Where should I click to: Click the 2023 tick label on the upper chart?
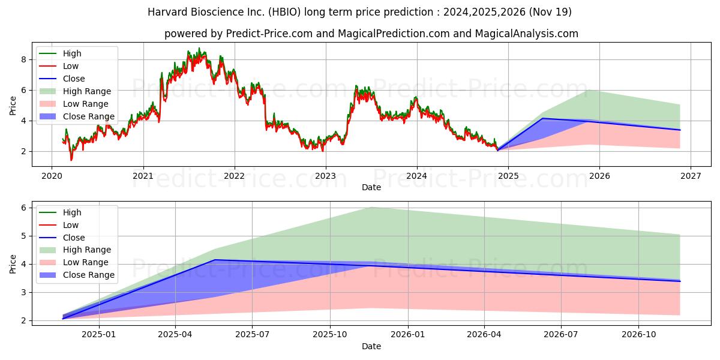[326, 176]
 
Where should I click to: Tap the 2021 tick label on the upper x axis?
[143, 176]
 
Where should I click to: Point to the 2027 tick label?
[691, 176]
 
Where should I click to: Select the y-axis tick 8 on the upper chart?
[24, 59]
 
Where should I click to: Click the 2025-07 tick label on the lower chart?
[252, 335]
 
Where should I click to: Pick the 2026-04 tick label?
[484, 335]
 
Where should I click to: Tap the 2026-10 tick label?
[638, 335]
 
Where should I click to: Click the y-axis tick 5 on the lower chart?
[24, 236]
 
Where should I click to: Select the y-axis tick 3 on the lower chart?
[24, 293]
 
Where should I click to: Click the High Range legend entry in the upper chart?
[75, 91]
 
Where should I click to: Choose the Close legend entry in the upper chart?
[62, 79]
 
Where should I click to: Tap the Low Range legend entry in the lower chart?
[74, 262]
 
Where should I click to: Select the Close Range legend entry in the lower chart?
[77, 275]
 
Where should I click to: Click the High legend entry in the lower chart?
[60, 212]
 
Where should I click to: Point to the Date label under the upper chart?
[371, 187]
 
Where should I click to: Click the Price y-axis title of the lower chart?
[13, 264]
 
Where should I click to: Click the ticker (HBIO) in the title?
[285, 12]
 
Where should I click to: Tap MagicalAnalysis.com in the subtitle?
[527, 34]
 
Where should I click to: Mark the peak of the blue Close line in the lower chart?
[214, 260]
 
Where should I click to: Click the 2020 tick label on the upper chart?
[52, 176]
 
